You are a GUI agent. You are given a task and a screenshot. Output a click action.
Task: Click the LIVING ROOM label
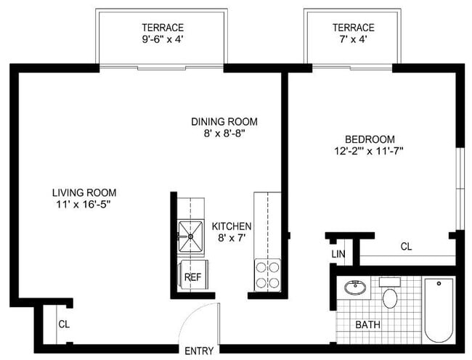pos(84,192)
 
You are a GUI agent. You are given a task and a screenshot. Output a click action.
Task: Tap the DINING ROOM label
pos(224,121)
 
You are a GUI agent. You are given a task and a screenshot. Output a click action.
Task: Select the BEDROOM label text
pos(370,139)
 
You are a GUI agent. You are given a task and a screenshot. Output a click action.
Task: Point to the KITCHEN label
pos(231,226)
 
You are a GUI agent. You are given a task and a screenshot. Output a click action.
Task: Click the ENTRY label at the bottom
pos(199,351)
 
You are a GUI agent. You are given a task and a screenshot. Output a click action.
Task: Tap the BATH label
pos(367,324)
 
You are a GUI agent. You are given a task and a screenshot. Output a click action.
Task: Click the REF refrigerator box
pos(192,277)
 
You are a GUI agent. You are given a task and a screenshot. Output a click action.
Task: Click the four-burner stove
pos(268,275)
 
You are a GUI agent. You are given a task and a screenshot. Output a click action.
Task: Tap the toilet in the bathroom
pos(391,296)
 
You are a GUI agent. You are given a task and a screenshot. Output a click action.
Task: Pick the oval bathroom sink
pos(357,287)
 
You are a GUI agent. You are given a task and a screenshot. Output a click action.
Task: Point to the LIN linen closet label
pos(338,253)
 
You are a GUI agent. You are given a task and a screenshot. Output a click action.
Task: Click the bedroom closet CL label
pos(407,247)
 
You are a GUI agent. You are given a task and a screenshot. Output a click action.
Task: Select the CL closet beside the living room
pos(64,324)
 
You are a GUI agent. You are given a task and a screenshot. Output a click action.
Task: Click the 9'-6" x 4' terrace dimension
pos(160,41)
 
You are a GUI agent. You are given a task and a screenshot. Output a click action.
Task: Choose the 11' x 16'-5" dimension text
pos(84,205)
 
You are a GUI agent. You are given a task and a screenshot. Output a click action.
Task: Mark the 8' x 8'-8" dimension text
pos(224,134)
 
